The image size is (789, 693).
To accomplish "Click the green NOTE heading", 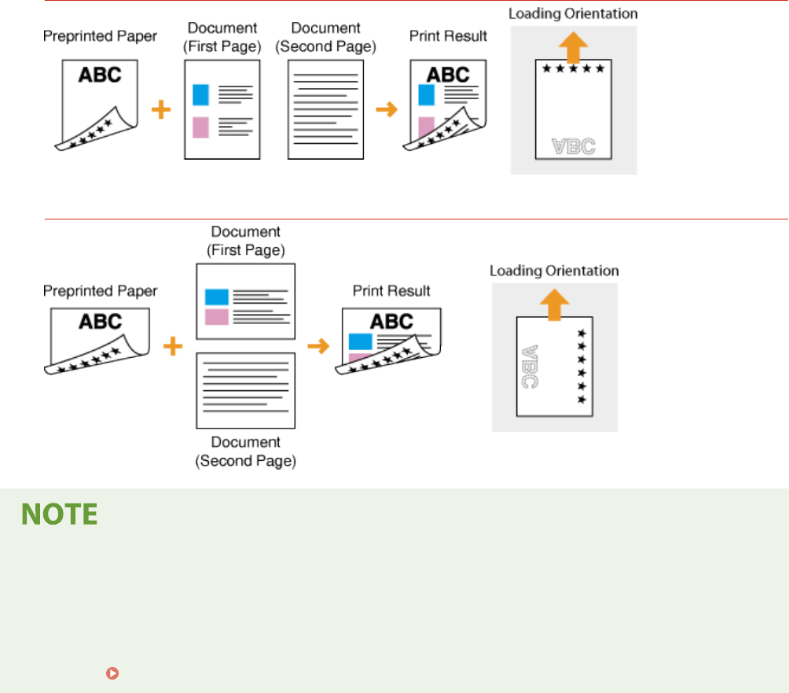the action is pyautogui.click(x=59, y=515).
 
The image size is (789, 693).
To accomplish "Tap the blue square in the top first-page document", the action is pyautogui.click(x=200, y=95).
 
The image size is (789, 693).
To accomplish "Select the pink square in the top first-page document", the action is pyautogui.click(x=200, y=127).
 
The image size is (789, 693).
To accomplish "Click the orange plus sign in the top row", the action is pyautogui.click(x=161, y=110).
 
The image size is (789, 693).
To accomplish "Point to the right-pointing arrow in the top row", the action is pyautogui.click(x=387, y=109).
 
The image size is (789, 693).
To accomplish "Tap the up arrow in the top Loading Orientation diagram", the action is pyautogui.click(x=573, y=47).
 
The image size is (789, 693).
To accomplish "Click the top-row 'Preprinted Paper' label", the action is pyautogui.click(x=100, y=36).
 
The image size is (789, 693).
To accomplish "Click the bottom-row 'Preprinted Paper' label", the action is pyautogui.click(x=100, y=291).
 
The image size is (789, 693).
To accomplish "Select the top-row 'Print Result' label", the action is pyautogui.click(x=448, y=36).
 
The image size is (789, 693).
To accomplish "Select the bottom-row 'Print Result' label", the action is pyautogui.click(x=391, y=291).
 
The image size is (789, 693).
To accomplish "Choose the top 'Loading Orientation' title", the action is pyautogui.click(x=573, y=13).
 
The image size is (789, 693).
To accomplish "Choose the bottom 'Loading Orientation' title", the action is pyautogui.click(x=554, y=271).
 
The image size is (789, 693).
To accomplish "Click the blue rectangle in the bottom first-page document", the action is pyautogui.click(x=216, y=297).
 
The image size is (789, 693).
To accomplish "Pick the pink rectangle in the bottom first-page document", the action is pyautogui.click(x=216, y=316).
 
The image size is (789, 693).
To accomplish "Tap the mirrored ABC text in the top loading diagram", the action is pyautogui.click(x=573, y=146).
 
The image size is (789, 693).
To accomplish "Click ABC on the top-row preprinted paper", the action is pyautogui.click(x=100, y=75).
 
